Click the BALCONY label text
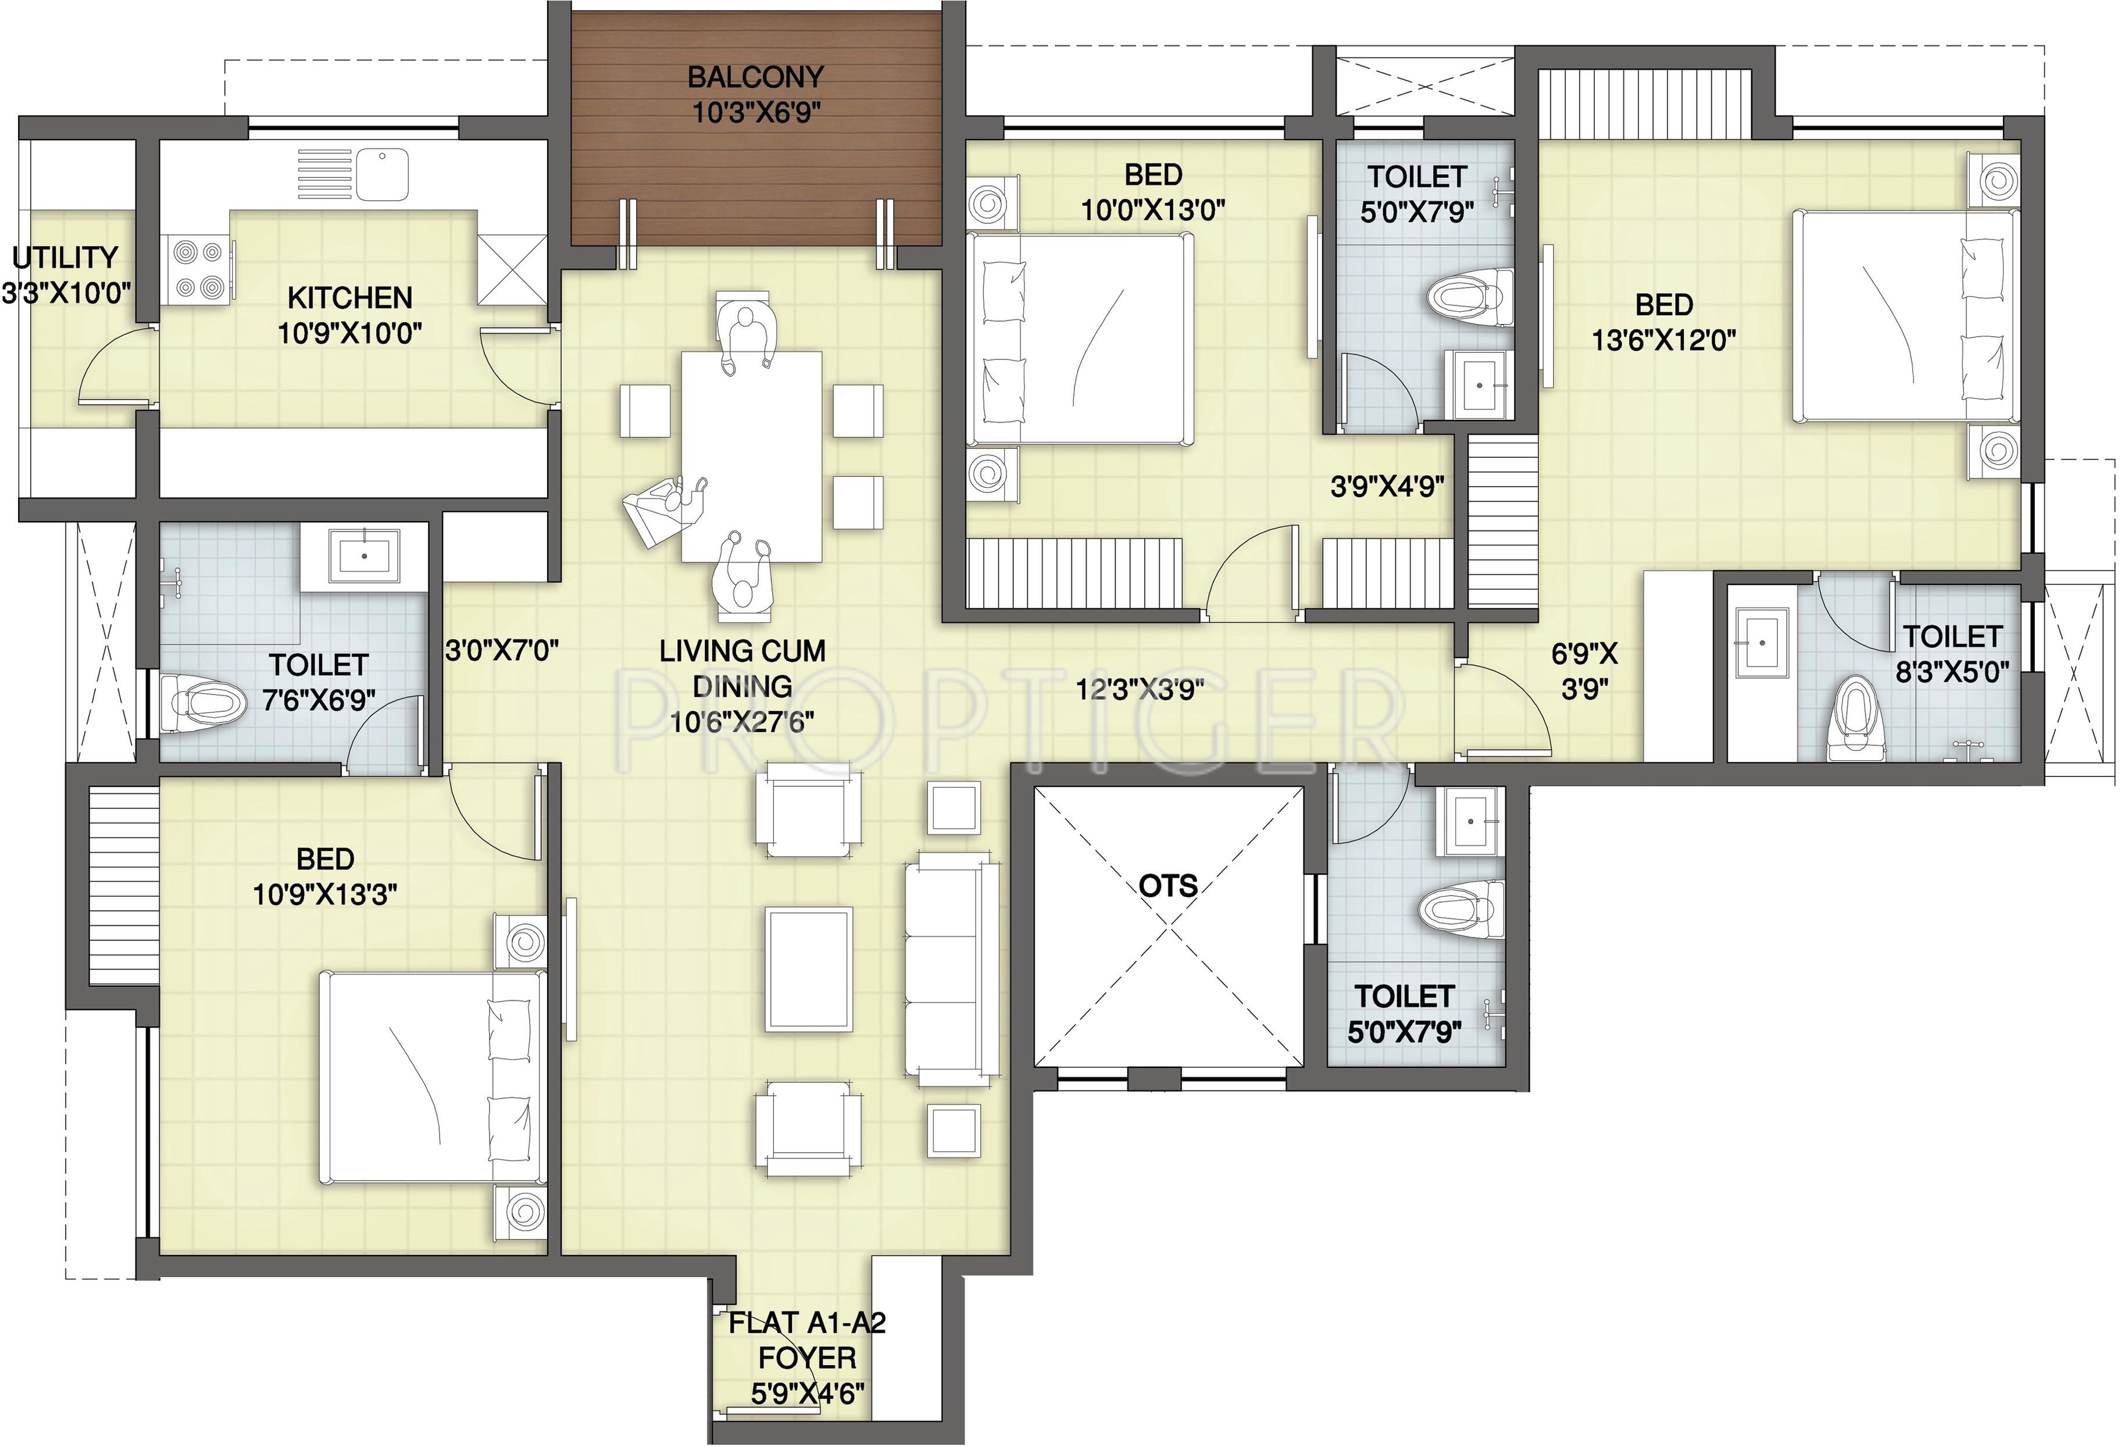tap(756, 77)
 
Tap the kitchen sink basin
tap(383, 175)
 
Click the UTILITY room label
tap(66, 258)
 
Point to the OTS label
tap(1168, 886)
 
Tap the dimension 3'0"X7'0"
tap(502, 651)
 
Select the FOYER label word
tap(808, 1357)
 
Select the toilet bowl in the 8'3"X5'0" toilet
tap(1856, 718)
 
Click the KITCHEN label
tap(349, 298)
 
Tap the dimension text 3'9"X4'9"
tap(1387, 487)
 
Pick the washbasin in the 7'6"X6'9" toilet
tap(364, 555)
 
